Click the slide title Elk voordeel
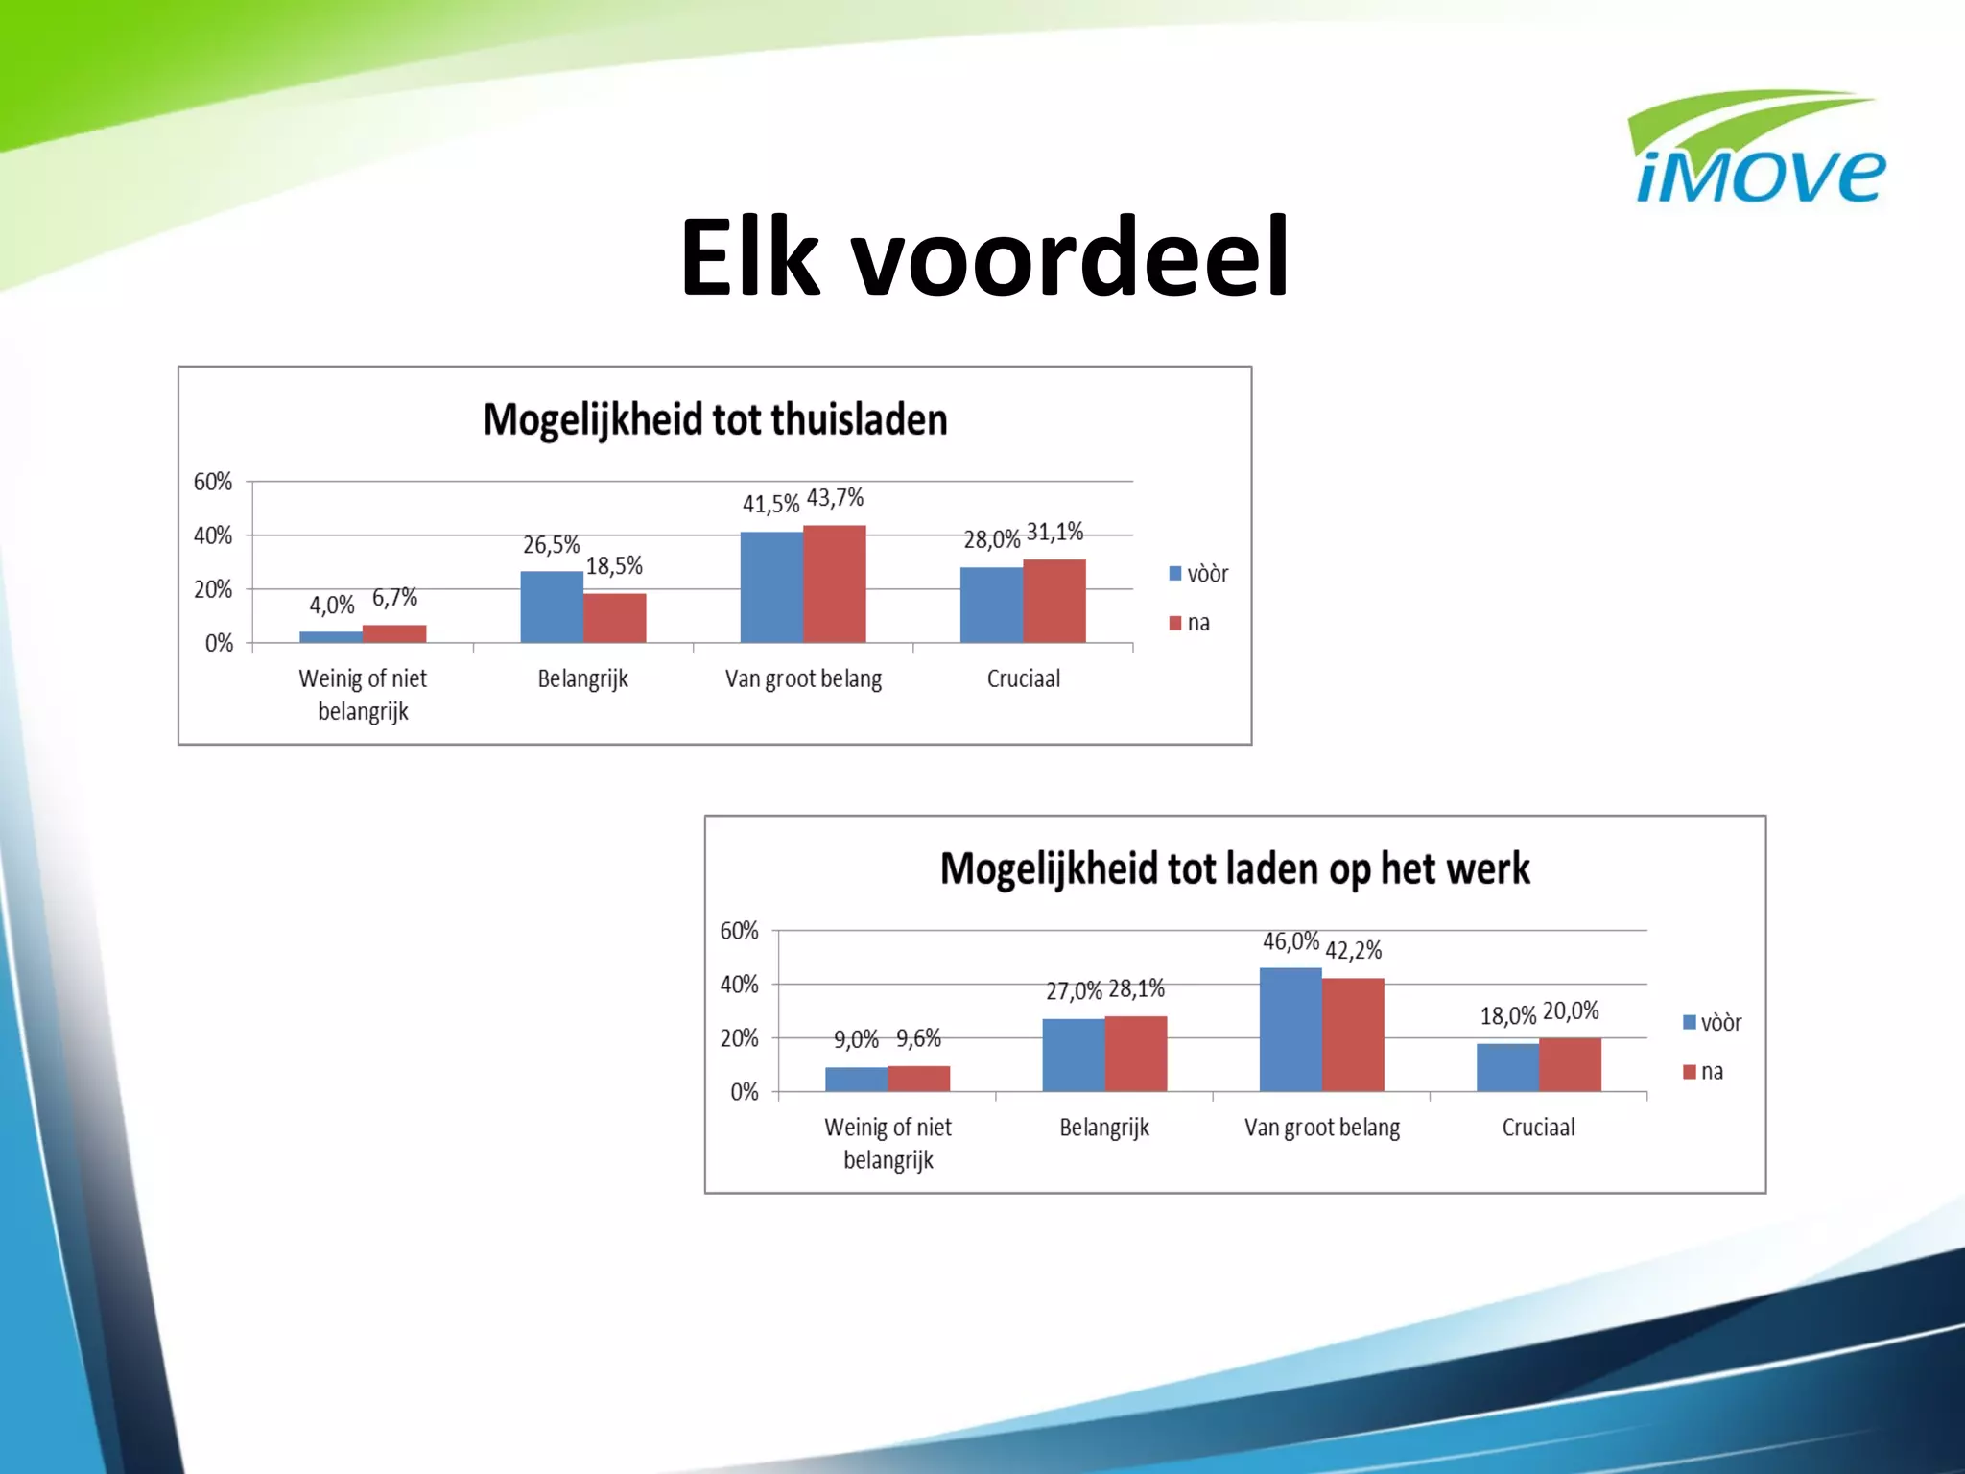(984, 257)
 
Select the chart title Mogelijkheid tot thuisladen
(715, 420)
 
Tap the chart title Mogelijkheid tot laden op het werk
(1235, 869)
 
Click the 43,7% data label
(835, 498)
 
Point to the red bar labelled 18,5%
(615, 618)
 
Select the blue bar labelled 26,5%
(552, 606)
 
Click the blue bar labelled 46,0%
(1290, 1030)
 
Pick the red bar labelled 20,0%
(1570, 1064)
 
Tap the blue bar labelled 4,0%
(331, 636)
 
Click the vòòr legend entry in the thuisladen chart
(1199, 574)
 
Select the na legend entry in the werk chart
(1704, 1072)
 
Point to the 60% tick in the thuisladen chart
(213, 482)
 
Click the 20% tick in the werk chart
(739, 1038)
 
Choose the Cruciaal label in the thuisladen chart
(1024, 679)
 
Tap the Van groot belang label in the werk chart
(1322, 1128)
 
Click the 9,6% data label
(918, 1038)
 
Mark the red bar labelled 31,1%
(1054, 601)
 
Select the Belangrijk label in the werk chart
(1104, 1128)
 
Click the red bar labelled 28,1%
(1136, 1054)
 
